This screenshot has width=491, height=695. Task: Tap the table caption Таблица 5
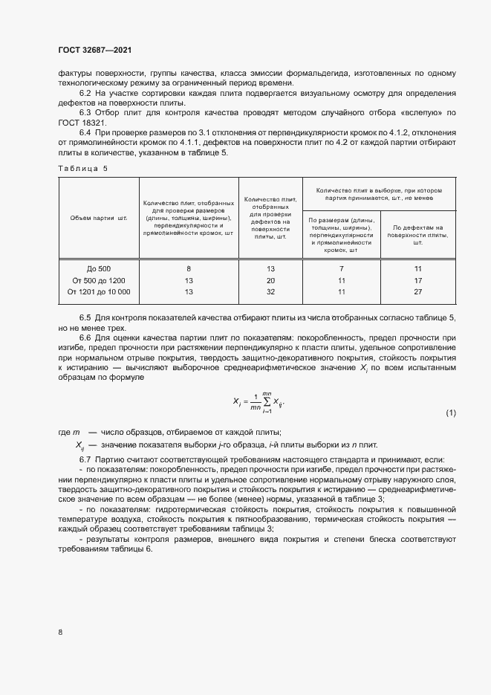pyautogui.click(x=82, y=168)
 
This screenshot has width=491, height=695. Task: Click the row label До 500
pyautogui.click(x=99, y=268)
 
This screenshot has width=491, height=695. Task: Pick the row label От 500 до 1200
pyautogui.click(x=99, y=279)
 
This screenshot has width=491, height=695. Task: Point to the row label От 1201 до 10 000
pyautogui.click(x=99, y=291)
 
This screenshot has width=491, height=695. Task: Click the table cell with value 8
pyautogui.click(x=189, y=268)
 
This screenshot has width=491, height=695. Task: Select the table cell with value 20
pyautogui.click(x=270, y=279)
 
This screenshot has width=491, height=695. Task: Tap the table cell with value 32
pyautogui.click(x=270, y=291)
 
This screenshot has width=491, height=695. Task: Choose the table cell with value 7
pyautogui.click(x=342, y=268)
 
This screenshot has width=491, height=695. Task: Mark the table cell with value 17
pyautogui.click(x=418, y=279)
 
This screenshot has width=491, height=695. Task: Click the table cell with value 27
pyautogui.click(x=418, y=291)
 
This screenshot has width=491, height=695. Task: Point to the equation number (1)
pyautogui.click(x=451, y=413)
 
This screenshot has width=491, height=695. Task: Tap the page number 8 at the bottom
pyautogui.click(x=60, y=632)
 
